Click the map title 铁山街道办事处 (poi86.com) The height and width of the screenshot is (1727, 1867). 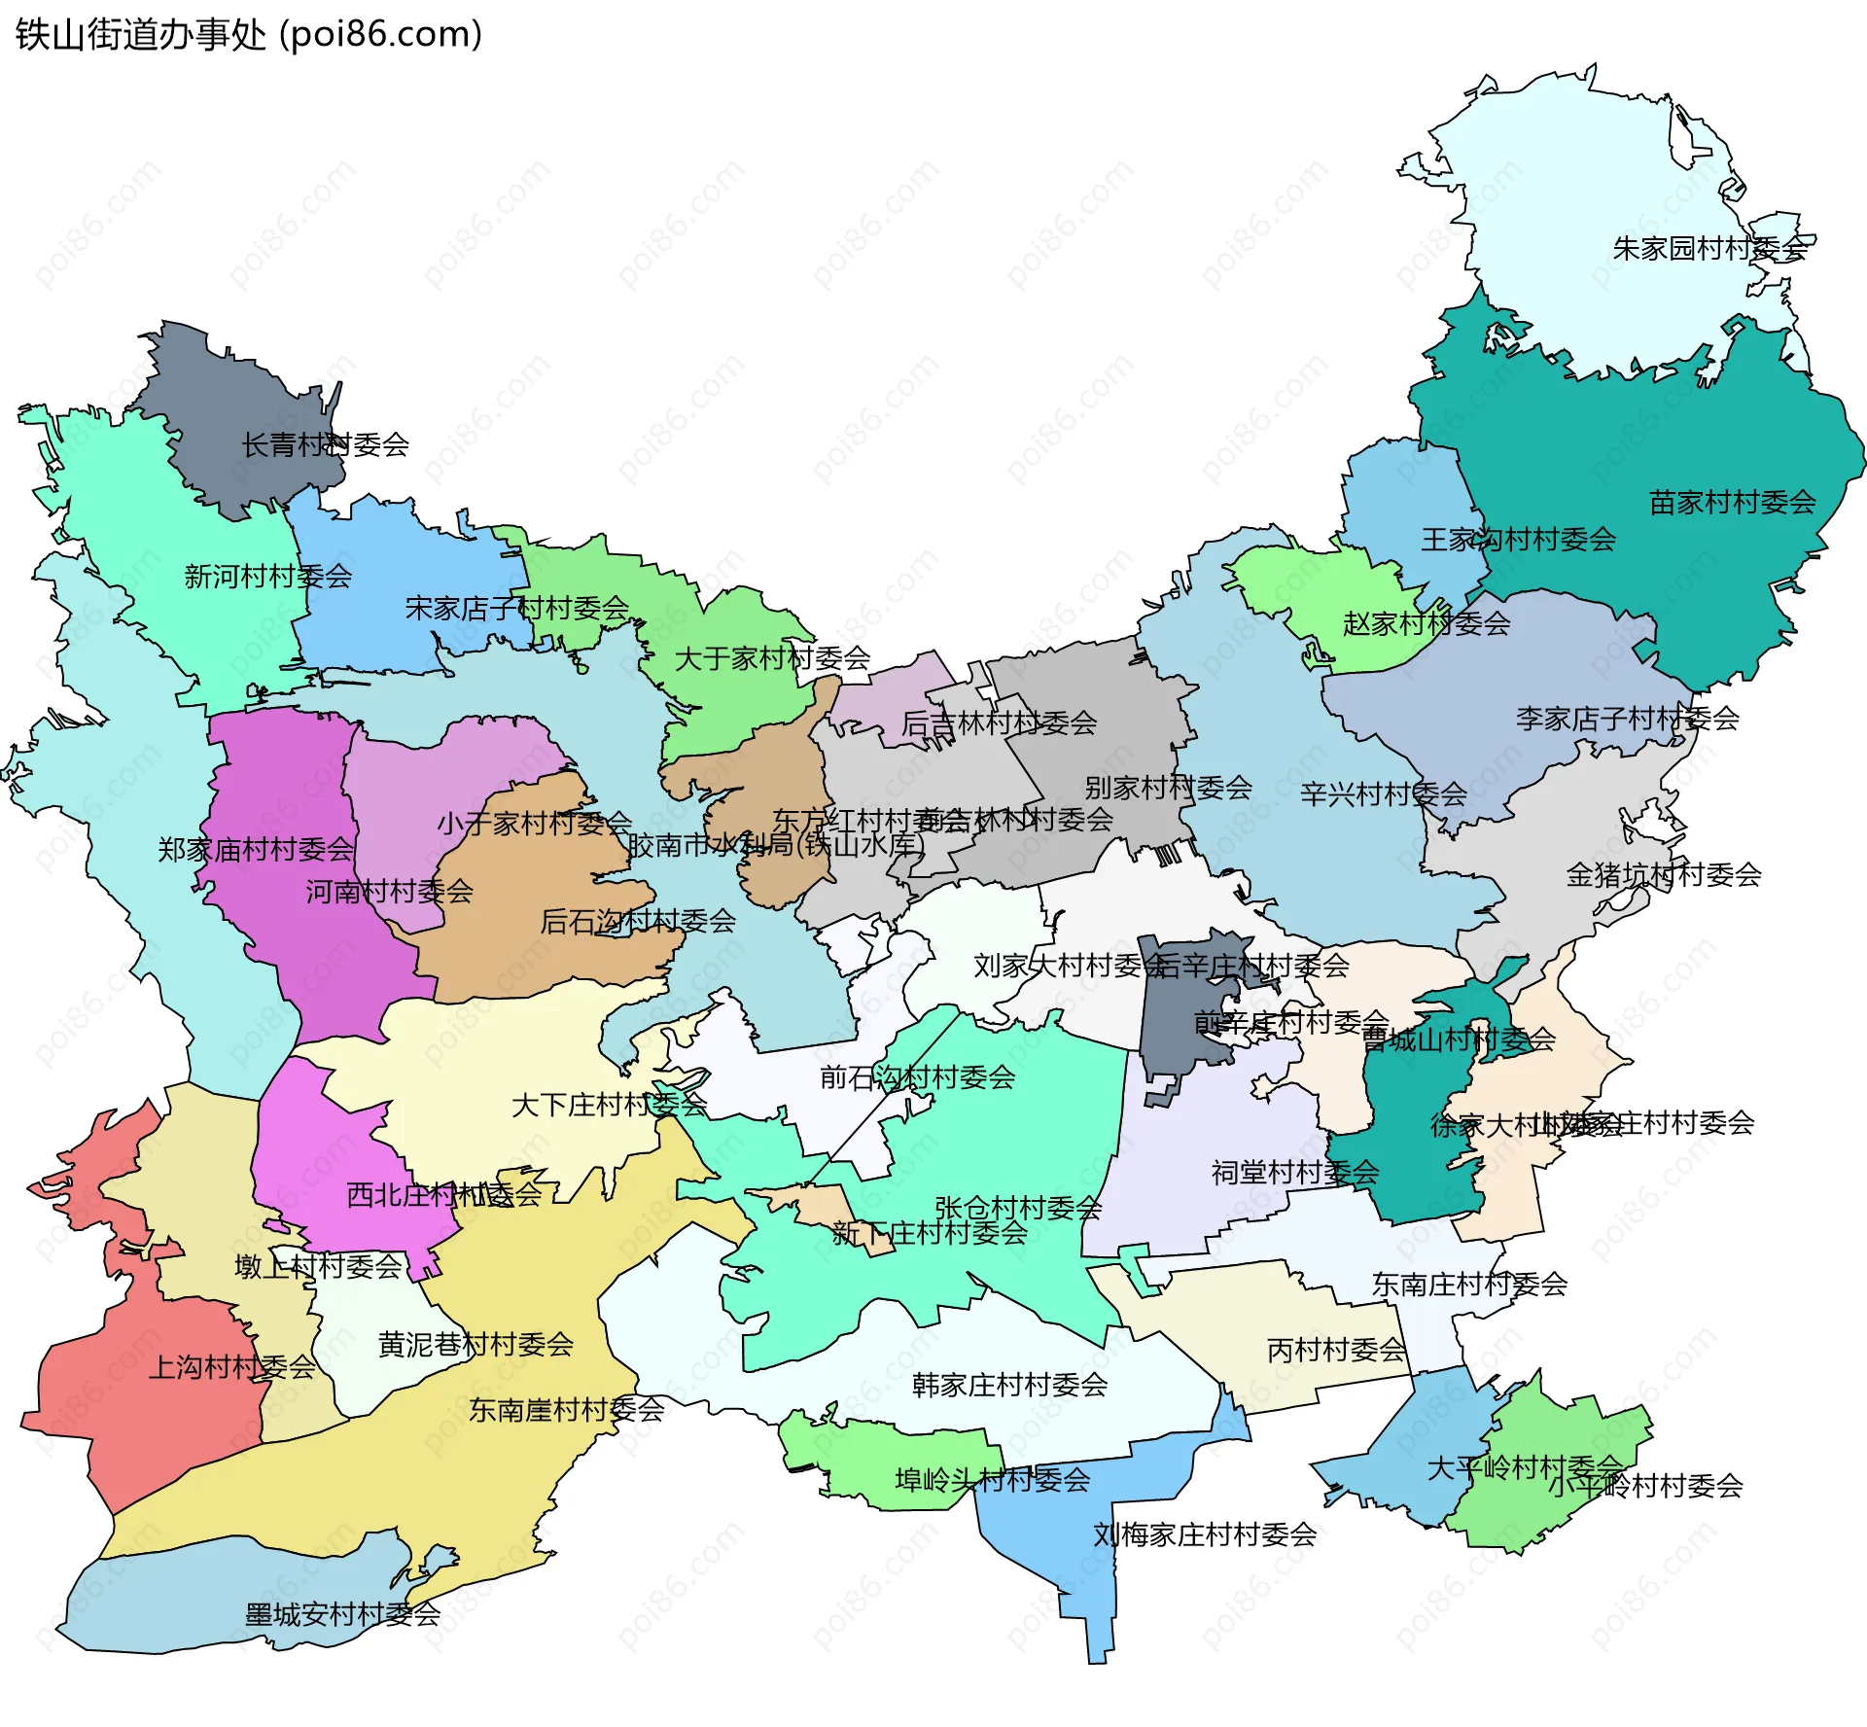click(x=249, y=35)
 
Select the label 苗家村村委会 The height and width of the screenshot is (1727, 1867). click(x=1732, y=503)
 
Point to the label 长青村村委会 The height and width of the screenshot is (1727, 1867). click(x=325, y=445)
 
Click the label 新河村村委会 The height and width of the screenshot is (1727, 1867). click(x=268, y=577)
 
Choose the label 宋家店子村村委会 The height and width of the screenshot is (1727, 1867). click(x=517, y=609)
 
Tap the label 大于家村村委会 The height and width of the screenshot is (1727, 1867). click(x=772, y=658)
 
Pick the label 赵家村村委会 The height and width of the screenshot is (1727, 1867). click(x=1426, y=623)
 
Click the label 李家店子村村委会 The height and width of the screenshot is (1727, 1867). click(x=1627, y=719)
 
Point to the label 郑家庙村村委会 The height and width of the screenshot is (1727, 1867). click(x=256, y=850)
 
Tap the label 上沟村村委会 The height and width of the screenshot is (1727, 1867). click(x=232, y=1367)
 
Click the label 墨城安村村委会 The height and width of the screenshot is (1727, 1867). click(x=342, y=1615)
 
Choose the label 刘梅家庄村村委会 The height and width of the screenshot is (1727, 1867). click(x=1204, y=1534)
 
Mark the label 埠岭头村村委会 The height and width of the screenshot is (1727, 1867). click(x=992, y=1480)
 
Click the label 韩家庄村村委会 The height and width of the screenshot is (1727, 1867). click(x=1009, y=1385)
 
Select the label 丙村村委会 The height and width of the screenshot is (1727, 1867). click(x=1336, y=1350)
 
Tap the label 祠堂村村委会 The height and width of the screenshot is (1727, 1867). click(x=1294, y=1173)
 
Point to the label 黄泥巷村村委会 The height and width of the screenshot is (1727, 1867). click(x=476, y=1345)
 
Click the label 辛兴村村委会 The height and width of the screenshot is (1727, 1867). click(x=1383, y=794)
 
